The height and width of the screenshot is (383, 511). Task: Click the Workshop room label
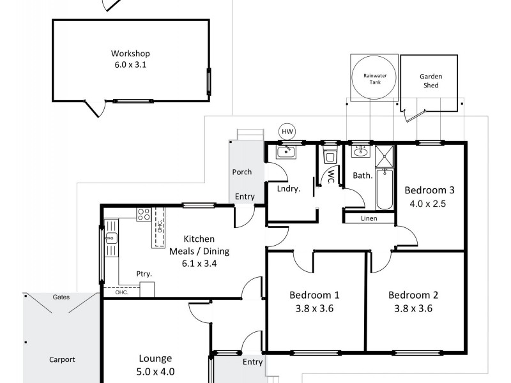click(x=130, y=54)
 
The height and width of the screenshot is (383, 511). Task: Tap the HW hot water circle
click(x=287, y=131)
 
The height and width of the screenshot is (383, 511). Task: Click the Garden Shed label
click(x=431, y=80)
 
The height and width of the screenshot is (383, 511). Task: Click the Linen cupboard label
click(x=369, y=218)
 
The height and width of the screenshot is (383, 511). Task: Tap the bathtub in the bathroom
click(x=385, y=189)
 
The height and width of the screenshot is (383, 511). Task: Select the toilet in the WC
click(x=330, y=156)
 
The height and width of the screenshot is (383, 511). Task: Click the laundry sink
click(x=285, y=152)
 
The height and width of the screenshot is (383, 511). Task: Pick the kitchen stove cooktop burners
click(x=144, y=215)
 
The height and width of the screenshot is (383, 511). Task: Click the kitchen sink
click(x=111, y=239)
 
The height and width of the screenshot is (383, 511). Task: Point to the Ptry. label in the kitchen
click(x=144, y=274)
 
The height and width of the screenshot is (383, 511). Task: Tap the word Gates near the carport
click(x=62, y=297)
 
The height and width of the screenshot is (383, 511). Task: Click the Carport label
click(x=62, y=359)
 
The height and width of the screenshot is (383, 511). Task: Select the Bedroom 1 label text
click(x=314, y=295)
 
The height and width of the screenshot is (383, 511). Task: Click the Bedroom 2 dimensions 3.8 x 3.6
click(x=413, y=309)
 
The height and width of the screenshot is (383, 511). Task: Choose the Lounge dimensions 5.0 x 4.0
click(x=156, y=372)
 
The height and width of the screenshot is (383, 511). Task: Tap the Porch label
click(x=241, y=172)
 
